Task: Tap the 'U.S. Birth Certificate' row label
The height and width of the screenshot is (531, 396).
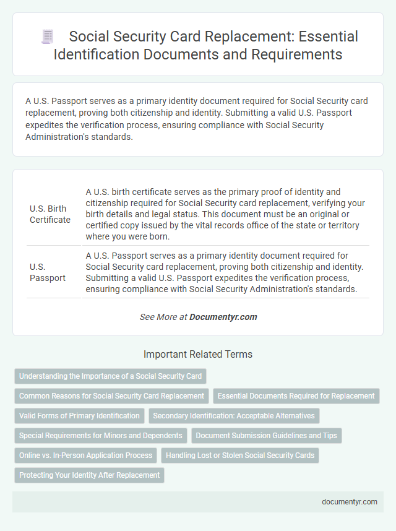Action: (x=50, y=214)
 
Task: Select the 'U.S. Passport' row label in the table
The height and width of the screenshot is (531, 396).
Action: (x=48, y=272)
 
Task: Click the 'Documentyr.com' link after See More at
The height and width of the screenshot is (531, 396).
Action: (x=223, y=316)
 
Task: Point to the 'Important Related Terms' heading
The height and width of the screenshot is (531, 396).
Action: (x=198, y=355)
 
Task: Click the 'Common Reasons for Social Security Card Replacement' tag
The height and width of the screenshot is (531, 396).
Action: (x=111, y=395)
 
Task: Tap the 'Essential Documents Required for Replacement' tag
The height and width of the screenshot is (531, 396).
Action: (x=296, y=395)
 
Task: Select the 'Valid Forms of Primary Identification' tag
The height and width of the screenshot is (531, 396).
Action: (x=79, y=416)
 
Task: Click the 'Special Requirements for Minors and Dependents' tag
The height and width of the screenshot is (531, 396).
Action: (x=100, y=436)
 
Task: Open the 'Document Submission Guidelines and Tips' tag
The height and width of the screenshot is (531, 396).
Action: (x=266, y=436)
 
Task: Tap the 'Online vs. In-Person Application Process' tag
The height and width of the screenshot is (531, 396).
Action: (x=85, y=455)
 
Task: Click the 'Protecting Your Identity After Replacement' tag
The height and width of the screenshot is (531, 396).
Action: (x=89, y=475)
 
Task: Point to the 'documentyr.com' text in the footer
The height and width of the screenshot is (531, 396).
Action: (x=350, y=501)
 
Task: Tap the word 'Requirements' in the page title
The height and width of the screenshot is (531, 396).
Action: (x=297, y=54)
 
